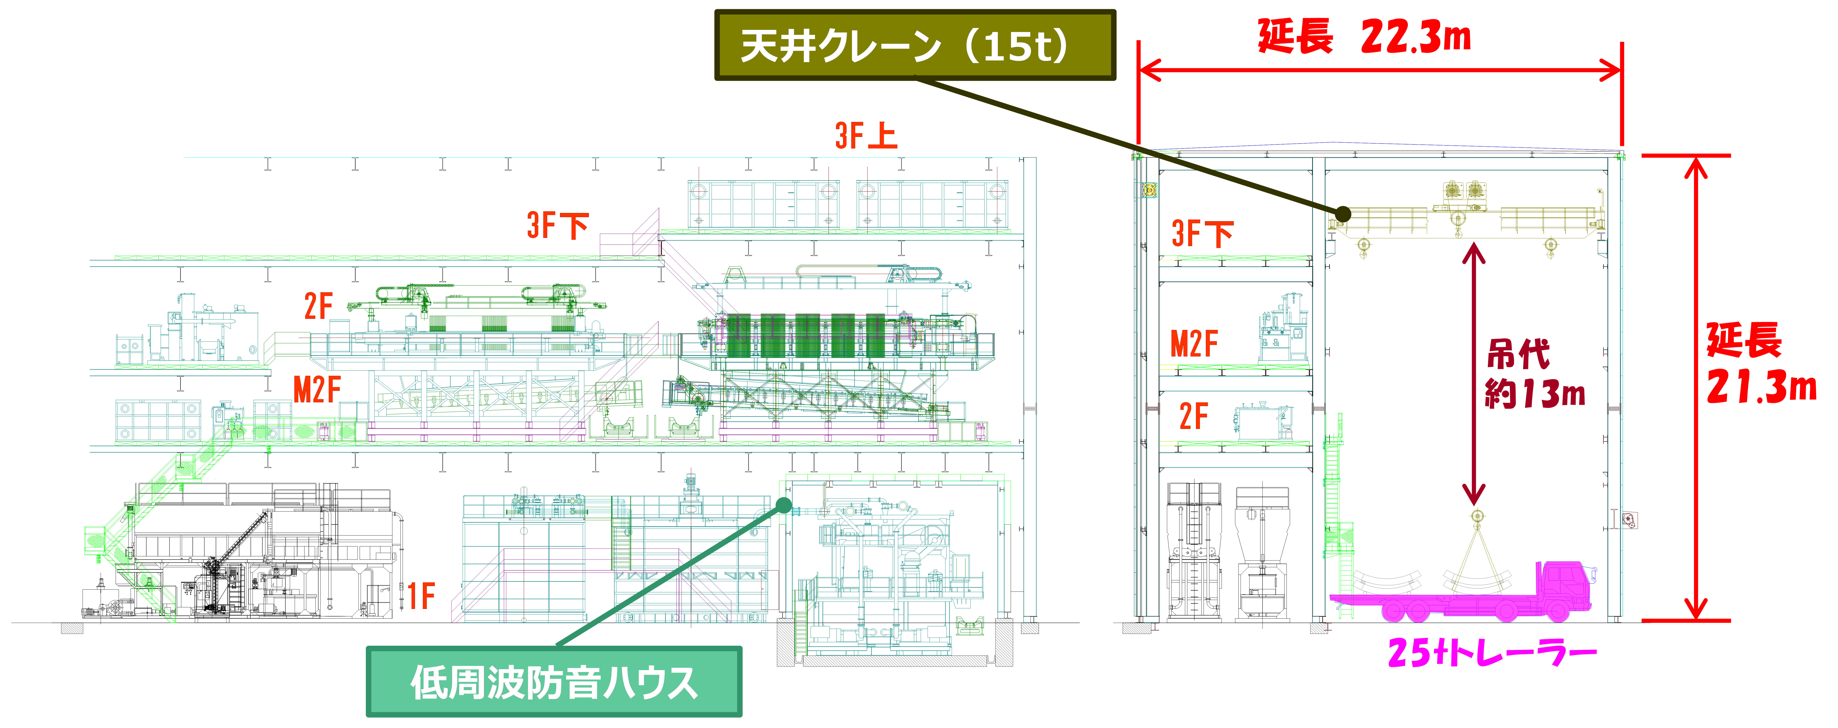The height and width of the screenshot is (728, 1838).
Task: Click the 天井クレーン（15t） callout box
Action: (915, 45)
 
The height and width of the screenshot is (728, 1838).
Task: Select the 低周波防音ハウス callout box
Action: (554, 682)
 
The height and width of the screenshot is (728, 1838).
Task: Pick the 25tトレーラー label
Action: (1491, 652)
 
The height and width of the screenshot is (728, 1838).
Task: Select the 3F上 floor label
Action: (866, 136)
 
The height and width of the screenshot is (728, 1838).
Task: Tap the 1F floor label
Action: (421, 596)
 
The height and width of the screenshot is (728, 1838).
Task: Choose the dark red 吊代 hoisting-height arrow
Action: (1473, 375)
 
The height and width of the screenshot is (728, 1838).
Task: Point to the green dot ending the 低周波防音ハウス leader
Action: (783, 505)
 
